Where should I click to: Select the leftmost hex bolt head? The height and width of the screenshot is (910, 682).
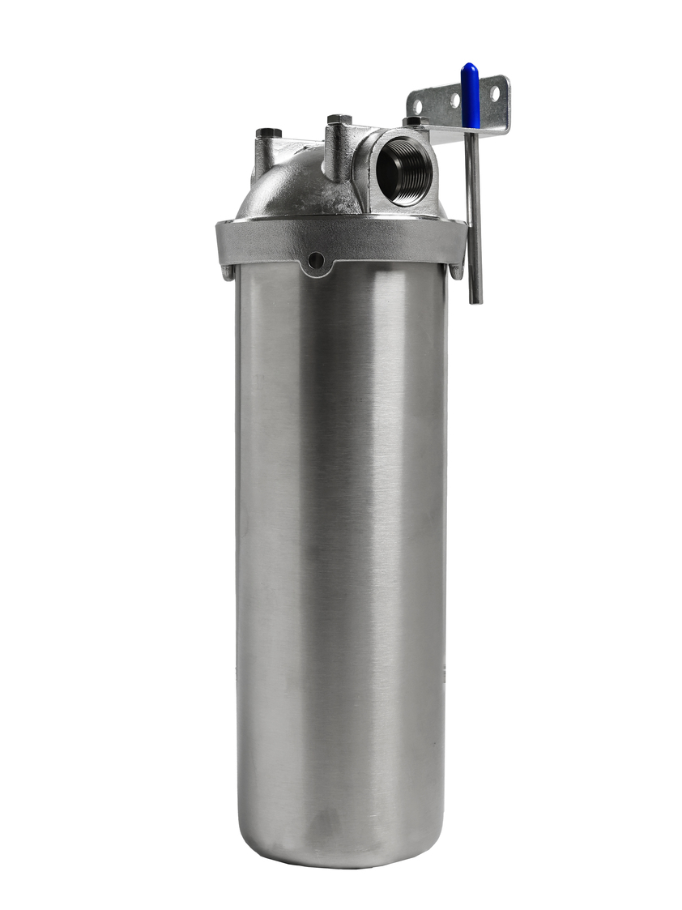[x=268, y=133]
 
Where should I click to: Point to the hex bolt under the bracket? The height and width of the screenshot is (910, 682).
[x=415, y=122]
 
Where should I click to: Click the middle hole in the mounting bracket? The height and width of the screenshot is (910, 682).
[x=454, y=100]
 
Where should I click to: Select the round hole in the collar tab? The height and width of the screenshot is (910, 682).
[x=316, y=259]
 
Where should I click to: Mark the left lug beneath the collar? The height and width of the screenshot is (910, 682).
[x=227, y=272]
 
